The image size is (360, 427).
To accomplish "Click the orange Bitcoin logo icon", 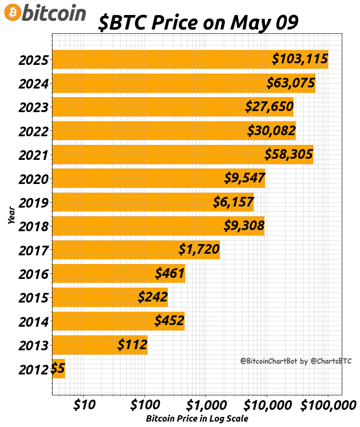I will (13, 12).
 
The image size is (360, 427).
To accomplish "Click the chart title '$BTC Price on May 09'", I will (198, 23).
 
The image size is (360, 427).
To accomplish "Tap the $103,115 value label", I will (300, 59).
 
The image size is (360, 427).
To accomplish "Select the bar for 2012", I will (58, 369).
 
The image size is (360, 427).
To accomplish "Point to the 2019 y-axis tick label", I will (34, 203).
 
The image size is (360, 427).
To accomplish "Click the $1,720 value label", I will (199, 249).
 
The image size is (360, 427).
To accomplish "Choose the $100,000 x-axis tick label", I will (327, 403).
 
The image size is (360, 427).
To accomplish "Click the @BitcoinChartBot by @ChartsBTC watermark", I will (296, 361).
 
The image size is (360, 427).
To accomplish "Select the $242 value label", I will (153, 297).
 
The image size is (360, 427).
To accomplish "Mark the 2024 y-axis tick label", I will (34, 84).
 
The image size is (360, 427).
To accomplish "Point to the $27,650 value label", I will (269, 106).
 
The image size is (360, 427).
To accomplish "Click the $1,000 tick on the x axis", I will (205, 403).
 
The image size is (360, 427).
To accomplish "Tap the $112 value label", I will (133, 344).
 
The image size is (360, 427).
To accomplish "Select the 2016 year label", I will (34, 274).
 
